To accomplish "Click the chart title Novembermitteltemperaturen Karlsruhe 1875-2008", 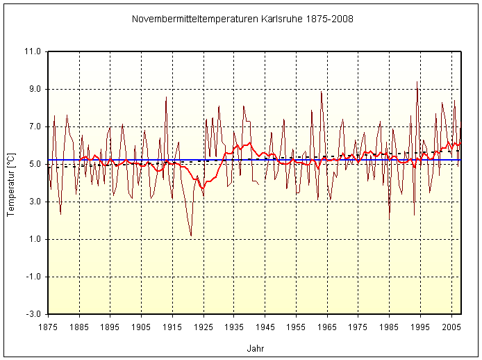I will pyautogui.click(x=242, y=19).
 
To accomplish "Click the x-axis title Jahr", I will pyautogui.click(x=255, y=348).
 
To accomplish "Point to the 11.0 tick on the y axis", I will pyautogui.click(x=33, y=51).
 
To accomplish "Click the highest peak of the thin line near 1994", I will pyautogui.click(x=417, y=82).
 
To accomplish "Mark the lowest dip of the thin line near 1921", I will pyautogui.click(x=191, y=236).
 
